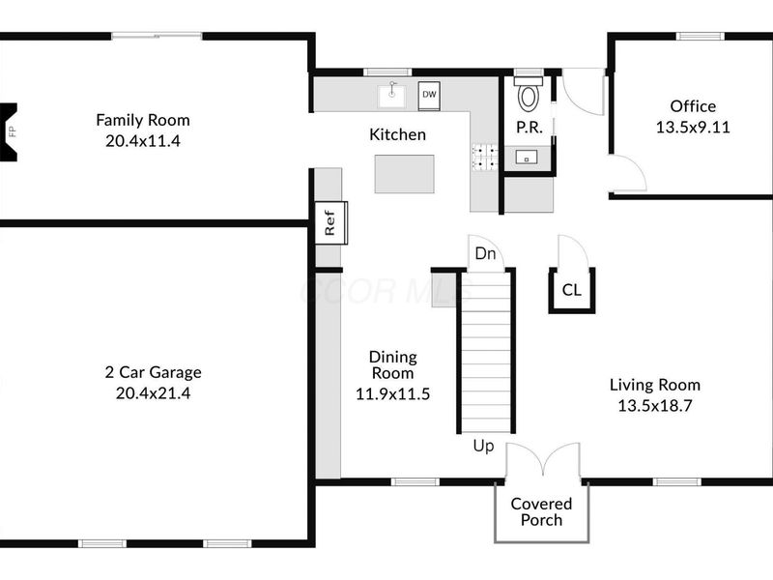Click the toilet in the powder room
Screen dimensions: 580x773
(x=529, y=95)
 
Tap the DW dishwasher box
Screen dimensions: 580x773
(x=429, y=95)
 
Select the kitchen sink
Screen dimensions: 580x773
(x=391, y=95)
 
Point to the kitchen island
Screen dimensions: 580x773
(x=404, y=173)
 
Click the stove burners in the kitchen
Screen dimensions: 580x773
(x=484, y=158)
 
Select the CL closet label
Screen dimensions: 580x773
(x=572, y=288)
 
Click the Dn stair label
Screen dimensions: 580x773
(x=485, y=255)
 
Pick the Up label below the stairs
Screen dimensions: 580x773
(x=484, y=446)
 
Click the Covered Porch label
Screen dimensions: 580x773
(x=541, y=511)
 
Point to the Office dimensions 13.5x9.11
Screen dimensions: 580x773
(x=693, y=126)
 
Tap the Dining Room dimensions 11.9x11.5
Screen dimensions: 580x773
(x=391, y=393)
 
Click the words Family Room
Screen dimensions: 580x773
(x=143, y=120)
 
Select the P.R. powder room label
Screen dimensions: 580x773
(x=528, y=128)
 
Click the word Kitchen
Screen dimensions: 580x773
(x=397, y=134)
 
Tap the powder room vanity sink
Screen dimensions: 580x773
(x=528, y=157)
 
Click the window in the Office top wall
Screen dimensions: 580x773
(x=700, y=37)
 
